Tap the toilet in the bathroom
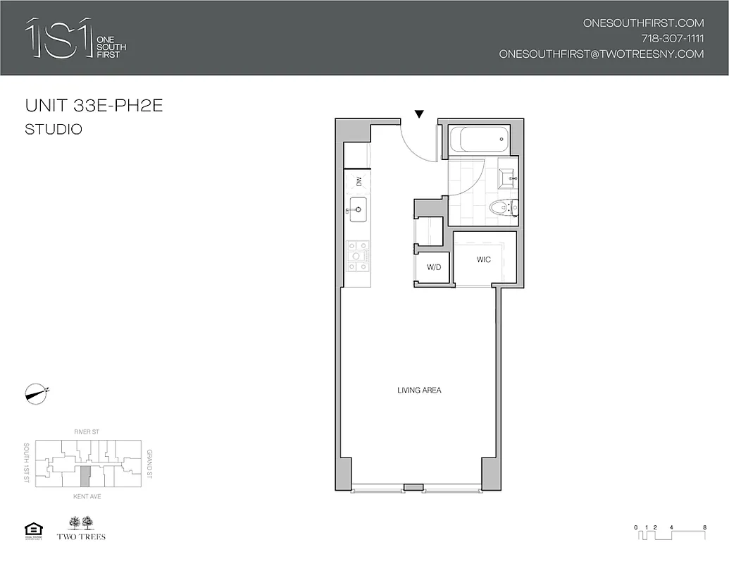(x=501, y=207)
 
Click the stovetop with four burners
(x=357, y=256)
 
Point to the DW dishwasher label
(x=359, y=181)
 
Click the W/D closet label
(x=433, y=267)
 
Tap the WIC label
(x=483, y=259)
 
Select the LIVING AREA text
(x=419, y=390)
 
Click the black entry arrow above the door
(x=419, y=114)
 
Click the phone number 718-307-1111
(x=672, y=38)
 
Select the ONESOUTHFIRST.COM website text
(x=643, y=23)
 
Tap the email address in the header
(x=601, y=54)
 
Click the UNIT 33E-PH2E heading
(x=94, y=106)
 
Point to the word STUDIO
(x=54, y=129)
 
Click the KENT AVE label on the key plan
(x=86, y=496)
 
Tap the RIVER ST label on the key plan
(x=86, y=431)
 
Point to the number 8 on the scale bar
(x=704, y=527)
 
